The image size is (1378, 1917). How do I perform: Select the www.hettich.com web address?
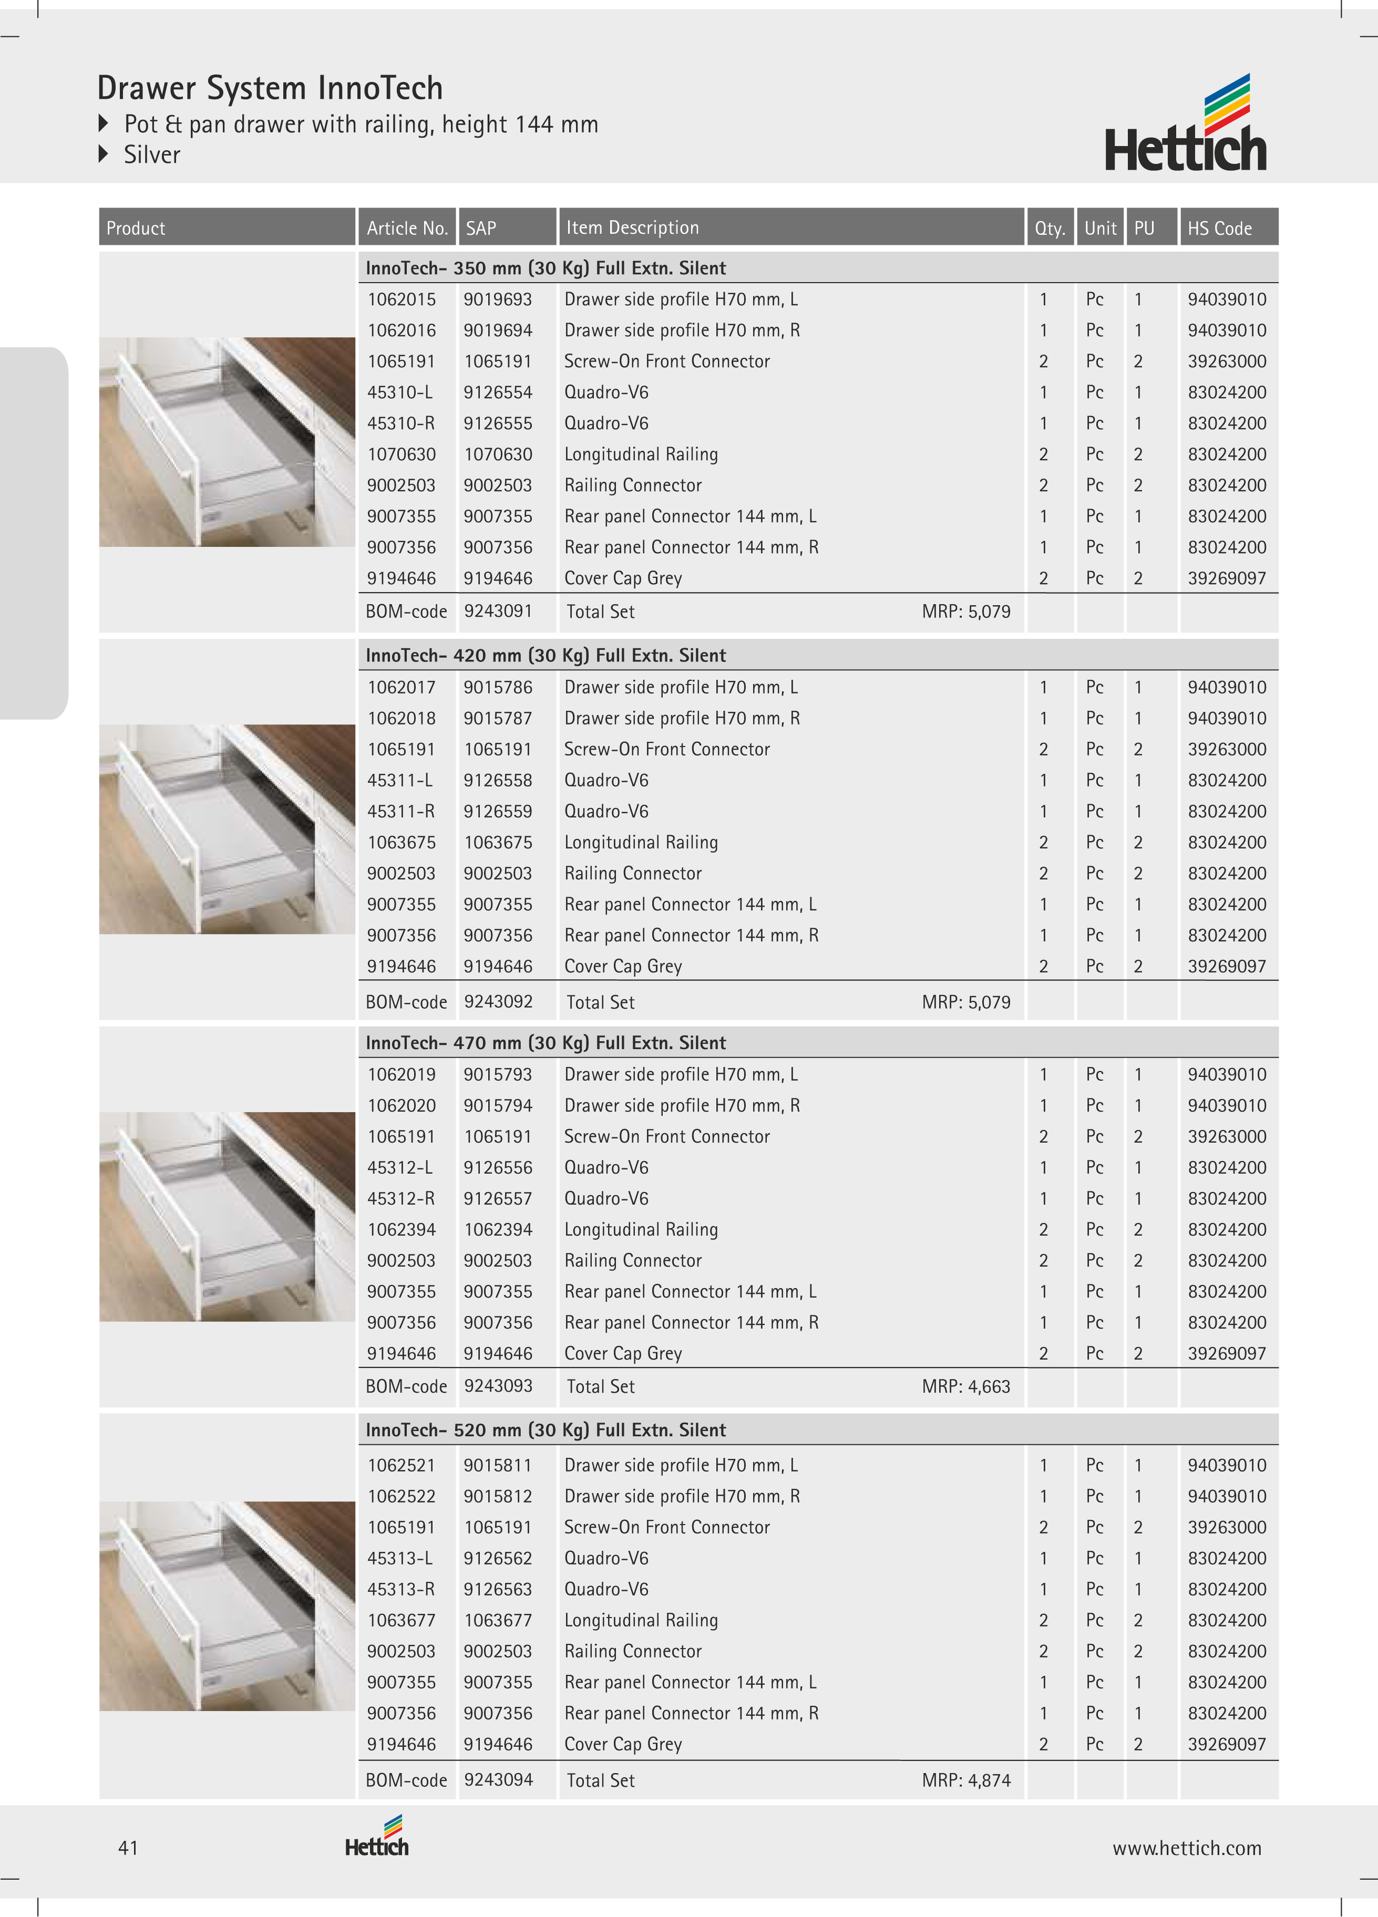coord(1186,1849)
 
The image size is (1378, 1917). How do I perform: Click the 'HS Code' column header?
coord(1219,228)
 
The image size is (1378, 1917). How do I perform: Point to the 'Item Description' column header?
coord(632,227)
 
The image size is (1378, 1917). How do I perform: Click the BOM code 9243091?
coord(498,611)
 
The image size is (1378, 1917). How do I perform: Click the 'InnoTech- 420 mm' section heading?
coord(546,655)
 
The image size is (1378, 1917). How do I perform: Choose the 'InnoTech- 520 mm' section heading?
coord(546,1430)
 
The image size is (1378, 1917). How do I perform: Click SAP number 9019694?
coord(498,330)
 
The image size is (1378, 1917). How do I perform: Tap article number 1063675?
coord(402,843)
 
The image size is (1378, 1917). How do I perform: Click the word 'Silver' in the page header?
coord(152,154)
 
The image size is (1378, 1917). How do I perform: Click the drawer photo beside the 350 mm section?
coord(227,442)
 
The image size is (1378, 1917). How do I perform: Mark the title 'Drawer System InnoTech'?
coord(270,88)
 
